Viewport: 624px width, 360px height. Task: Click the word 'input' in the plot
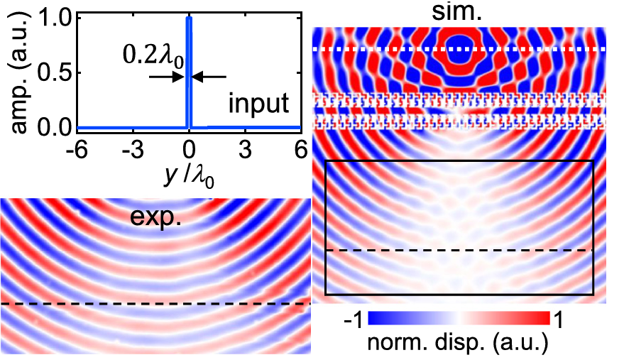[258, 104]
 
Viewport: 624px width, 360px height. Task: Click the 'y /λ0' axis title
[189, 173]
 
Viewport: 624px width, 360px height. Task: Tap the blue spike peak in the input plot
[188, 20]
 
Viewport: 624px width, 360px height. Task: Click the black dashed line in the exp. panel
[155, 304]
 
